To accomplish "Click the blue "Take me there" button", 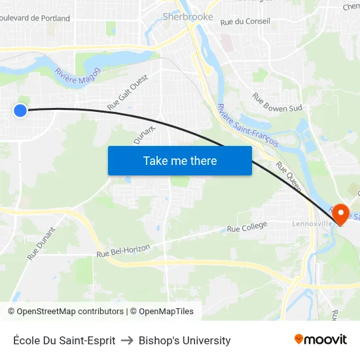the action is tap(180, 161).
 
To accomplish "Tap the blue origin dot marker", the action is tap(20, 111).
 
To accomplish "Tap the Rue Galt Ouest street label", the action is tap(128, 92).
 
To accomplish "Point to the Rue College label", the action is tap(247, 227).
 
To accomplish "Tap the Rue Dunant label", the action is tap(41, 243).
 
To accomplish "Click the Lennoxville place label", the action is tap(312, 224).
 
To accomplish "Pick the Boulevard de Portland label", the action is tap(36, 18).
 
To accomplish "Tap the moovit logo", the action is tap(320, 340).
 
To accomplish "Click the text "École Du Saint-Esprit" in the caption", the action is tap(64, 340).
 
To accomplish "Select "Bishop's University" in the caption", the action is tap(185, 340).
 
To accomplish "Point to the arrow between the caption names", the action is tap(127, 340).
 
